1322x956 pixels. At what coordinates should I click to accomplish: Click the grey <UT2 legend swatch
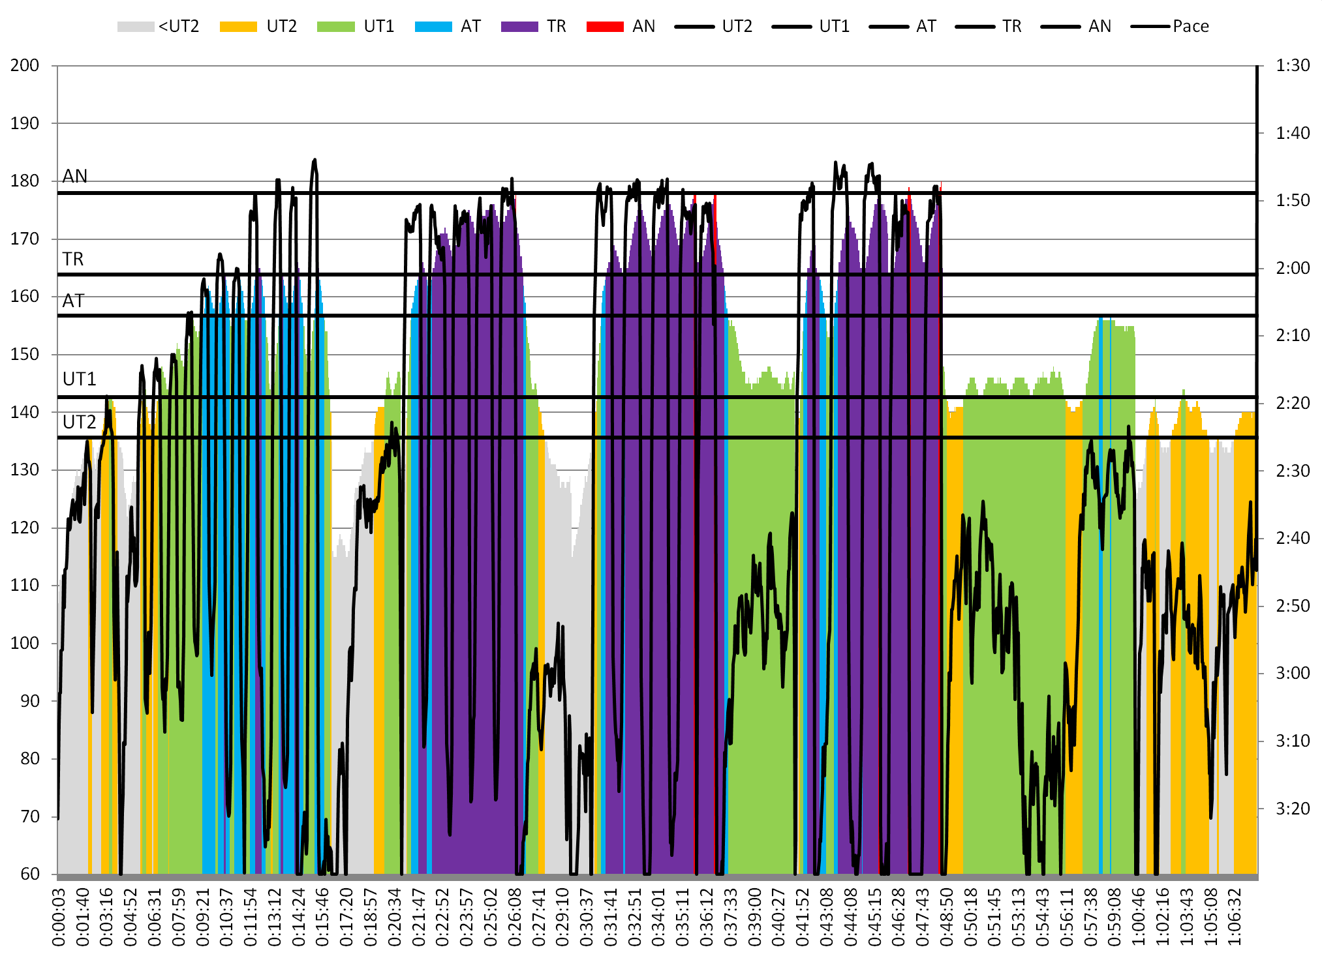pyautogui.click(x=136, y=27)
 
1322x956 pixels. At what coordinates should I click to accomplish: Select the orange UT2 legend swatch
pyautogui.click(x=238, y=27)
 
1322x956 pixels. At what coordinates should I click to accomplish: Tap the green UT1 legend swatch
pyautogui.click(x=335, y=27)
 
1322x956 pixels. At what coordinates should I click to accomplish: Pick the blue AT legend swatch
pyautogui.click(x=433, y=27)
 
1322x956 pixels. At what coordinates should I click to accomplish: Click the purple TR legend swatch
pyautogui.click(x=519, y=27)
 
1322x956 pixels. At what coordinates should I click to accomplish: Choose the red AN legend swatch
pyautogui.click(x=605, y=27)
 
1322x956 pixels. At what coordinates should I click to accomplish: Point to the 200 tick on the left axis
pyautogui.click(x=25, y=65)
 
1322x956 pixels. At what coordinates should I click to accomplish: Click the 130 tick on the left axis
pyautogui.click(x=25, y=470)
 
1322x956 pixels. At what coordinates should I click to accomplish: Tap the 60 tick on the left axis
pyautogui.click(x=30, y=874)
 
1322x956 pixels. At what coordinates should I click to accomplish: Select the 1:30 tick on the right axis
pyautogui.click(x=1293, y=65)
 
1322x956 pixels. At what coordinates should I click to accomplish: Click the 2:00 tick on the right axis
pyautogui.click(x=1293, y=268)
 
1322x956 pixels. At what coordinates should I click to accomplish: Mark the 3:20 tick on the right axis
pyautogui.click(x=1293, y=809)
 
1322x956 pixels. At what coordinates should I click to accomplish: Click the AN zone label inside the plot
pyautogui.click(x=75, y=176)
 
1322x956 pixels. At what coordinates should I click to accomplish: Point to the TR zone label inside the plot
pyautogui.click(x=73, y=260)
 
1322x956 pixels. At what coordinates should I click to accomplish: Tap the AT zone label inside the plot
pyautogui.click(x=73, y=301)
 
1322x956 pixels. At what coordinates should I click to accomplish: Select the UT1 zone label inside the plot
pyautogui.click(x=80, y=379)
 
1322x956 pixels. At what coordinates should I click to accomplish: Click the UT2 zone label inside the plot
pyautogui.click(x=80, y=422)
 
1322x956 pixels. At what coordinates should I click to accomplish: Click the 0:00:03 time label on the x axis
pyautogui.click(x=59, y=916)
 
